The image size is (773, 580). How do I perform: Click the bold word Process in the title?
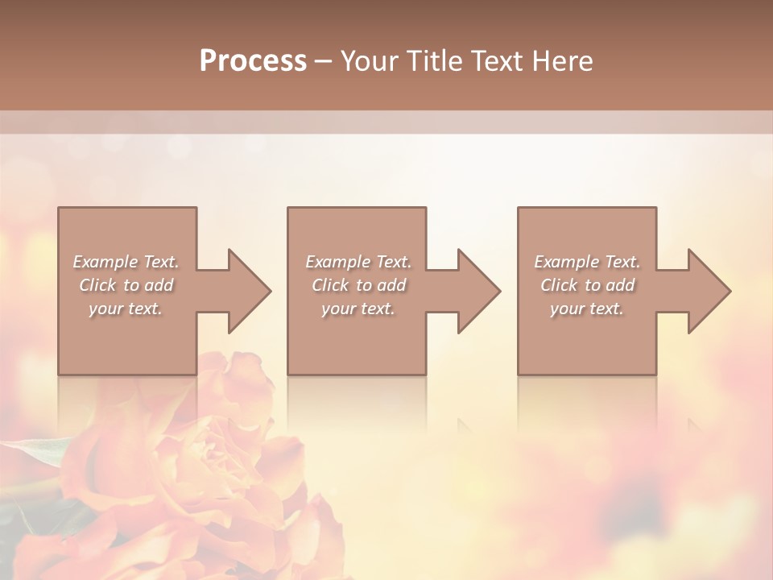coord(253,61)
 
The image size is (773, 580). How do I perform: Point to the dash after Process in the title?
coord(324,62)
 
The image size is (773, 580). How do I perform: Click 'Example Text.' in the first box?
coord(126,262)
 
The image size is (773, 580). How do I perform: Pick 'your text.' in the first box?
coord(126,309)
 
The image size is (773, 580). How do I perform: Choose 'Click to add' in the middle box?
coord(358,285)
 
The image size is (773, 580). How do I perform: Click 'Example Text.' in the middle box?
coord(358,262)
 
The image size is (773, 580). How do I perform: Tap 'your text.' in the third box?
coord(587,309)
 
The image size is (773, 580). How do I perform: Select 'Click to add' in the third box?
coord(587,285)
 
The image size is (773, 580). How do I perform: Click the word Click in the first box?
coord(97,285)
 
